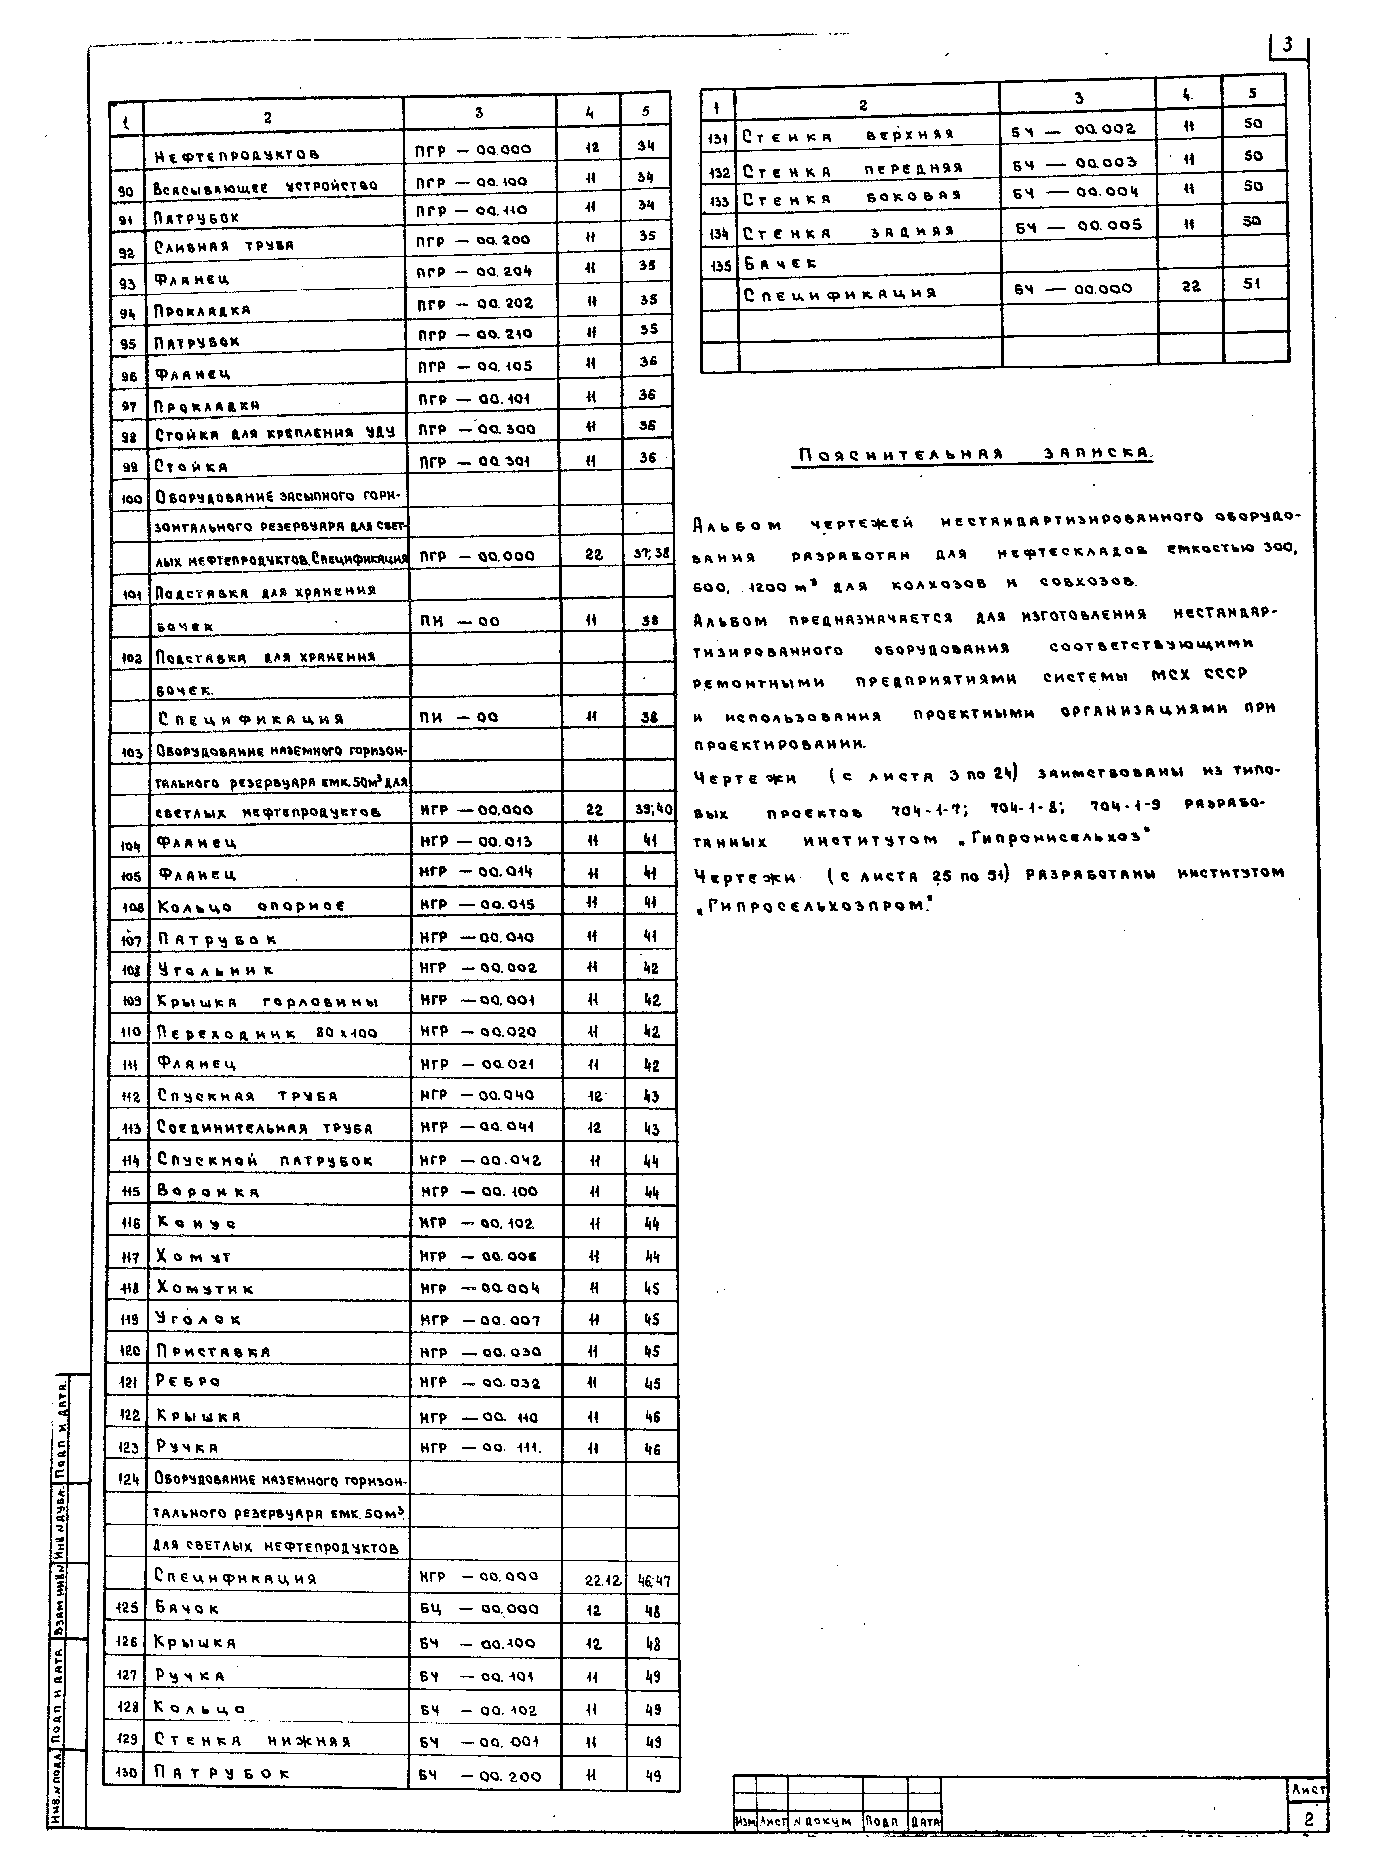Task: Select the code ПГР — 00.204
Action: tap(473, 271)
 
